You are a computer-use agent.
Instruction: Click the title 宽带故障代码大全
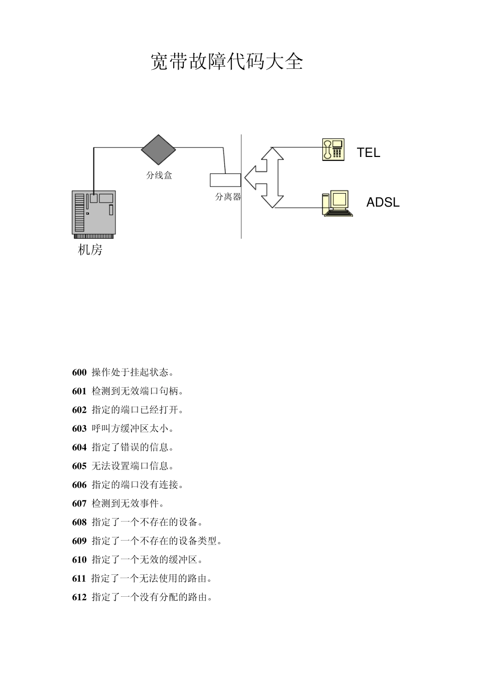227,62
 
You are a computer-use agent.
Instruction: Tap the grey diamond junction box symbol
159,149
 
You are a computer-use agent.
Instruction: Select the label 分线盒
159,176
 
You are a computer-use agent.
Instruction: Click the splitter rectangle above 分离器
225,180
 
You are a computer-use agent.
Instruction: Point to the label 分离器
228,197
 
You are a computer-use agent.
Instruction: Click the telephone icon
333,149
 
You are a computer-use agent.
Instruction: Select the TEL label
369,153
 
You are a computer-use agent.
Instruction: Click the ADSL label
383,203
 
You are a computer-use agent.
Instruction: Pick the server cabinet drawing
94,214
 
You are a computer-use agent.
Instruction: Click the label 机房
90,250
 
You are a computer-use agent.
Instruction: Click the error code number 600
79,373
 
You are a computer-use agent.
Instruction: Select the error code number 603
79,429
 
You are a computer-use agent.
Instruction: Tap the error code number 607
79,503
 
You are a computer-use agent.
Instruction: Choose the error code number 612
79,597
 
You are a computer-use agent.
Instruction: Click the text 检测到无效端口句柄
138,391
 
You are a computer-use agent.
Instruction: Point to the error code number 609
79,541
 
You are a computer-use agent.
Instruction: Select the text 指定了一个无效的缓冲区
147,560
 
